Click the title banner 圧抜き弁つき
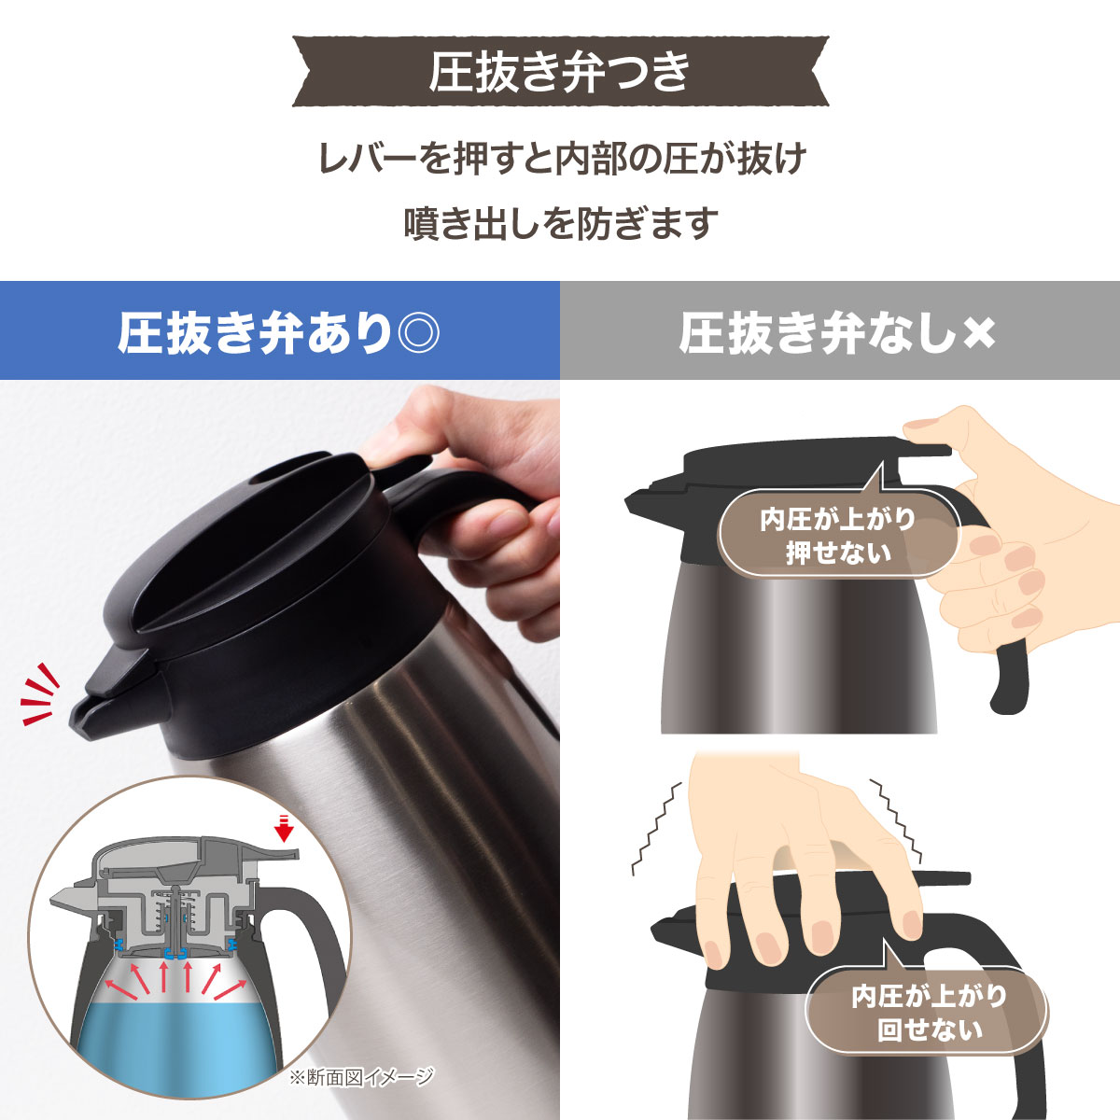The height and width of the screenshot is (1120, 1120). point(560,72)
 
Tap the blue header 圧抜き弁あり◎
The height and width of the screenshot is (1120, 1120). point(279,331)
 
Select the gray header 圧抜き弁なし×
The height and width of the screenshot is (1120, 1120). point(839,331)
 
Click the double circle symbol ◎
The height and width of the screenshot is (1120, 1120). point(417,332)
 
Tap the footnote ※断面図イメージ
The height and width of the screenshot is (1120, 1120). point(360,1077)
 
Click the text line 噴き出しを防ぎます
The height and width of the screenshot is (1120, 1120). point(560,224)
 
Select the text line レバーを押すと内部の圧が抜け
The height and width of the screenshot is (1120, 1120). point(560,160)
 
